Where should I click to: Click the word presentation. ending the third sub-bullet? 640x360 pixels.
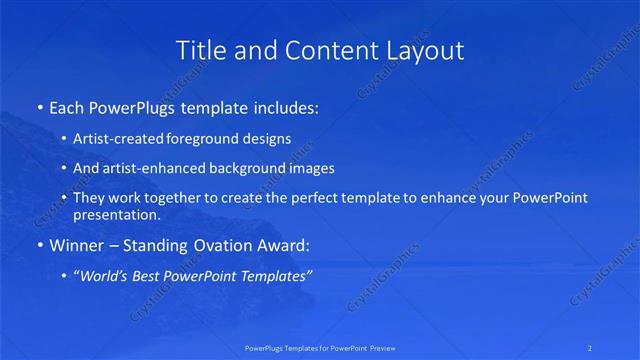pyautogui.click(x=117, y=214)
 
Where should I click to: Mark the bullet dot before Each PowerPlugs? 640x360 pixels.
pyautogui.click(x=39, y=105)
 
